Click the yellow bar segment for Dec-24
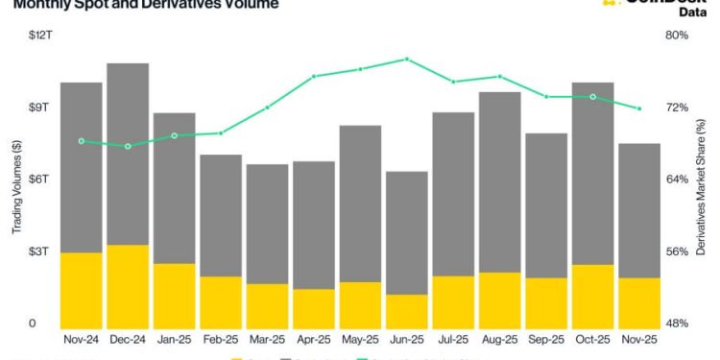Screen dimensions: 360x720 click(128, 285)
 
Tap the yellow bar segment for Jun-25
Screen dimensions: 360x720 click(406, 309)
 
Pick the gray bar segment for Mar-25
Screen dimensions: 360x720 click(267, 224)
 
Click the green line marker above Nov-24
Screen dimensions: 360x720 click(82, 141)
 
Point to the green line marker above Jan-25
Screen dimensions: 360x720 click(175, 135)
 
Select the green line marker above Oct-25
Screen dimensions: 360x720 click(592, 97)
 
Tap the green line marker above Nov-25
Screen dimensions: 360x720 click(638, 108)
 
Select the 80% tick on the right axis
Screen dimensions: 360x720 click(678, 36)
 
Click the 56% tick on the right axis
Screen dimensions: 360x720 click(678, 252)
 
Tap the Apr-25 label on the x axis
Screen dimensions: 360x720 click(314, 339)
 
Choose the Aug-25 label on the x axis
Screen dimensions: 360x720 click(499, 339)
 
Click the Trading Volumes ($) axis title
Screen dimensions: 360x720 click(15, 187)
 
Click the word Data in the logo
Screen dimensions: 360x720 click(692, 12)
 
